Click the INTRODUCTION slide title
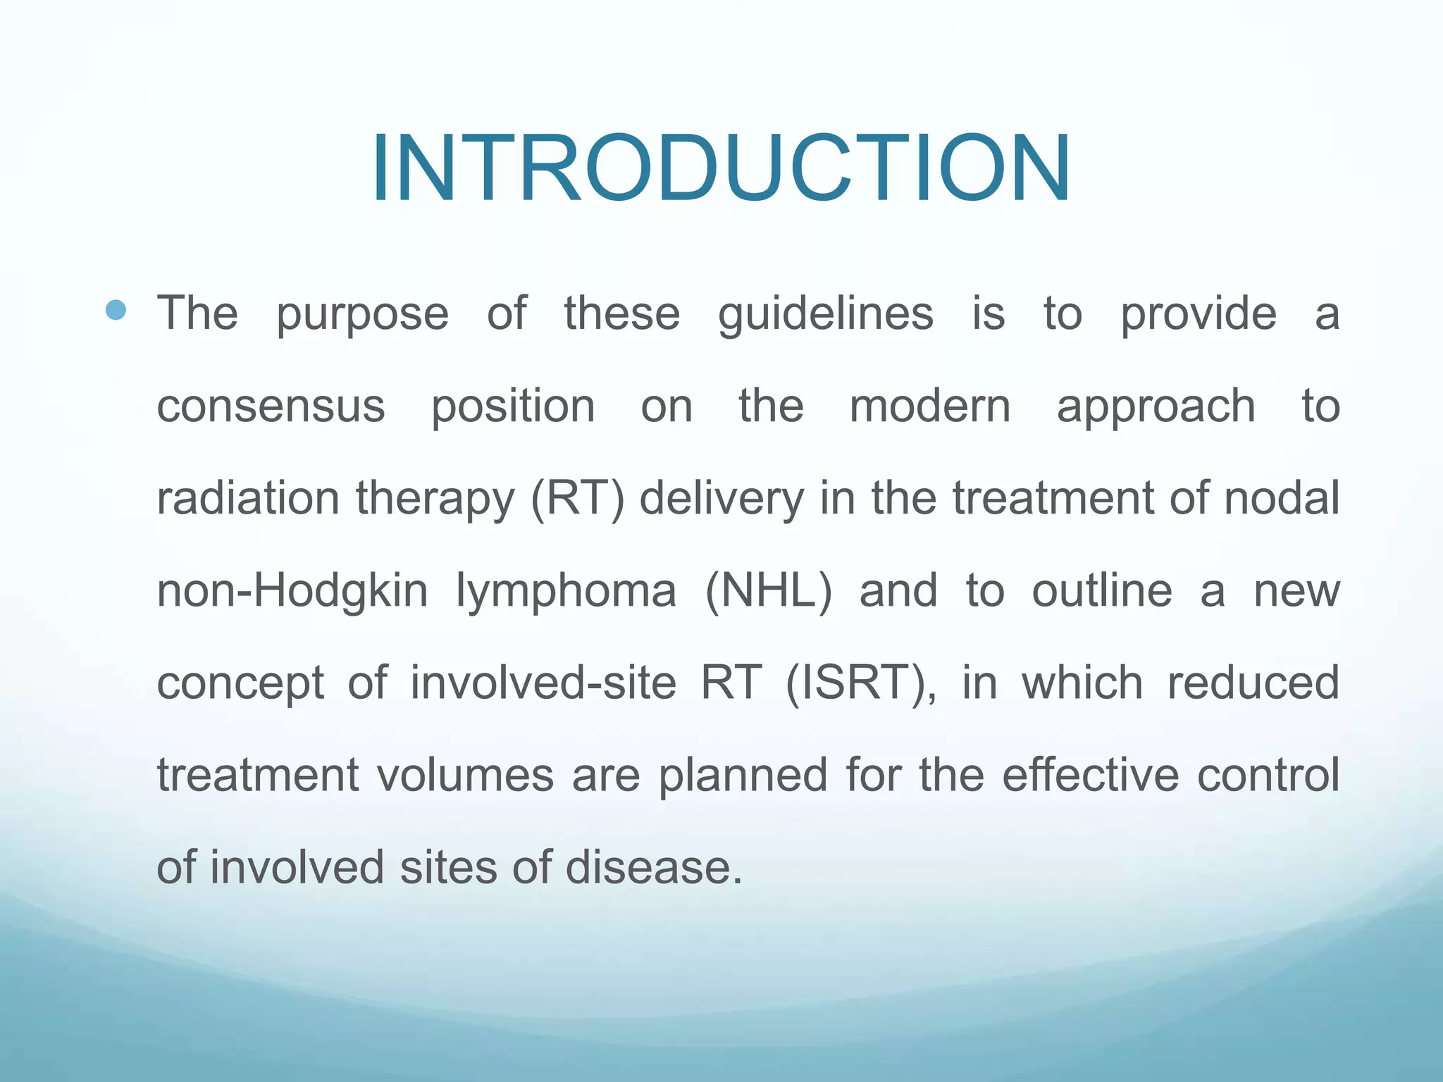tap(721, 169)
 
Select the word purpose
tap(362, 314)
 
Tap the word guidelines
tap(825, 314)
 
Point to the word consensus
tap(271, 406)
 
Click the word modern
tap(929, 406)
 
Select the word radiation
tap(248, 498)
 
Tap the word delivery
tap(721, 499)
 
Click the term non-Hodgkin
tap(292, 591)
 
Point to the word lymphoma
tap(566, 592)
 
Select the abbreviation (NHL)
tap(768, 591)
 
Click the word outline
tap(1101, 590)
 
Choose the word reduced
tap(1253, 683)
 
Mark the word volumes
tap(465, 775)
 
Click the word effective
tap(1090, 775)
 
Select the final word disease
tap(653, 867)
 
